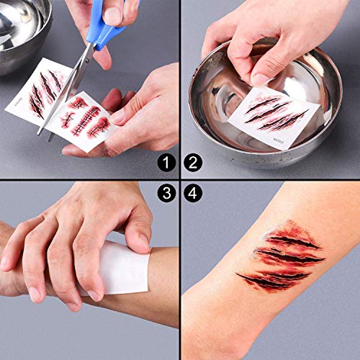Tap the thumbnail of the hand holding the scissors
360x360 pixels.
pos(114,13)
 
